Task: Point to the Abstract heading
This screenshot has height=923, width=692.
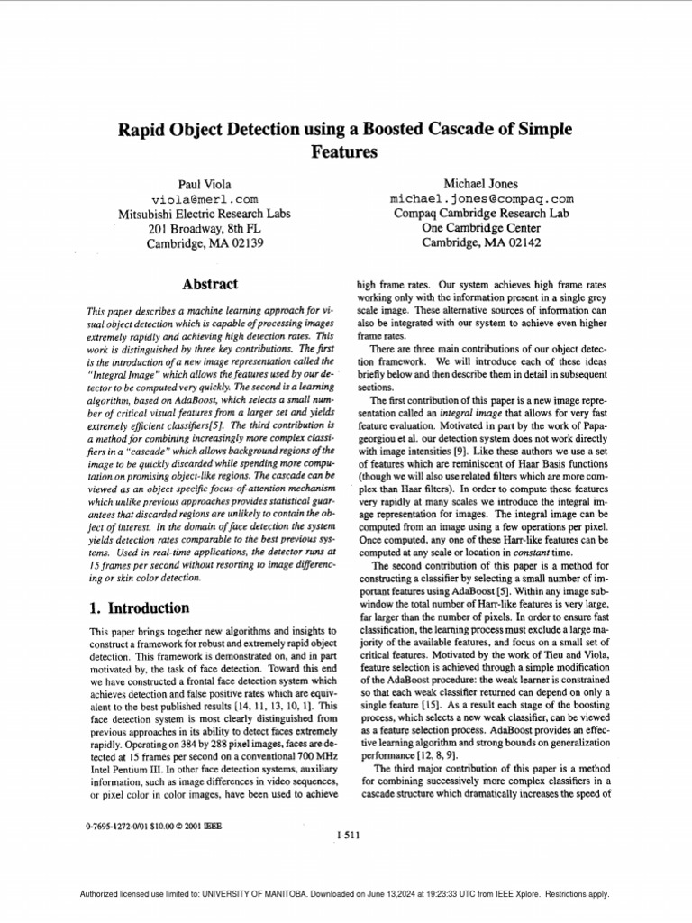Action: coord(210,284)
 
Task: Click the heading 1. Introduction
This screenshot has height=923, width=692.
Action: coord(139,608)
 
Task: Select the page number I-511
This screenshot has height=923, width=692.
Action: coord(347,835)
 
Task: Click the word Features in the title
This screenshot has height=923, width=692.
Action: coord(345,152)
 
